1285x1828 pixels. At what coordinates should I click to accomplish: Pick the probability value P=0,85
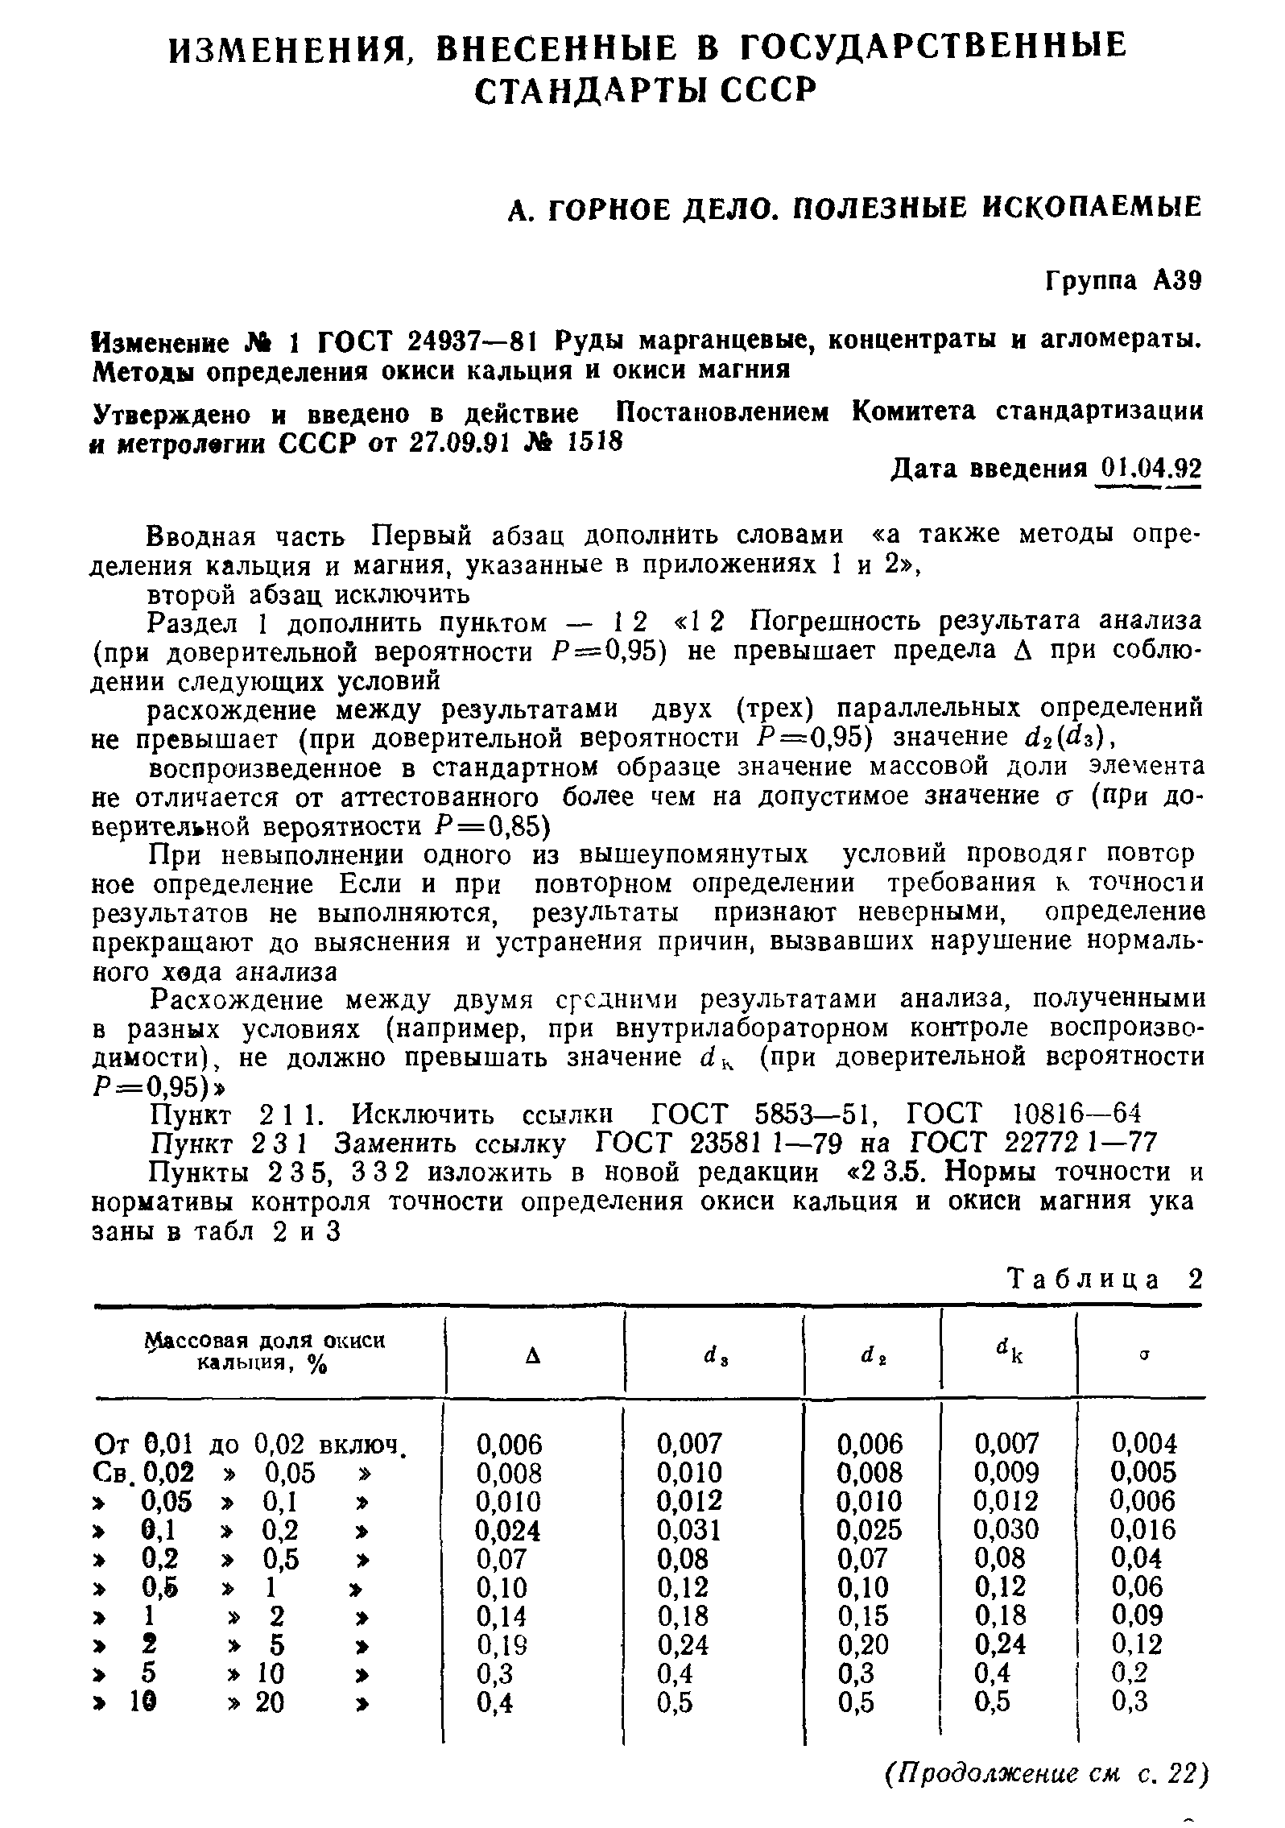485,826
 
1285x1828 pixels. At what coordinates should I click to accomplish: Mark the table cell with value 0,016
1143,1529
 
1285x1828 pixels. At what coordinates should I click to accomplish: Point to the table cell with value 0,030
1006,1529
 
